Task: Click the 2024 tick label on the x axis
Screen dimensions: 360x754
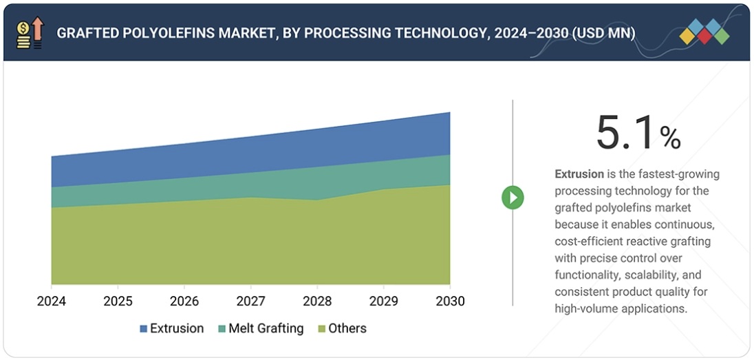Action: [x=52, y=301]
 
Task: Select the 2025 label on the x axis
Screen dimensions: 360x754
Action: [x=118, y=301]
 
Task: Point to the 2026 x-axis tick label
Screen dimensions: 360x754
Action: [x=184, y=301]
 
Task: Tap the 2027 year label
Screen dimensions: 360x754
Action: [x=250, y=301]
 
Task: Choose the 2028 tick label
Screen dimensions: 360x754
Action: [x=317, y=301]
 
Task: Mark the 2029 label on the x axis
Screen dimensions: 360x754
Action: [x=383, y=301]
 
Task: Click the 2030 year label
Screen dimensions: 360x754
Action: [x=450, y=301]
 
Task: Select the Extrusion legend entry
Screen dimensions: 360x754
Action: [x=172, y=328]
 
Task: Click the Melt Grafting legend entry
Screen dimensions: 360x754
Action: [x=262, y=328]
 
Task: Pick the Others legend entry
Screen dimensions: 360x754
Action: [x=341, y=328]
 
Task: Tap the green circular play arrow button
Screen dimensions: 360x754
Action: [x=513, y=198]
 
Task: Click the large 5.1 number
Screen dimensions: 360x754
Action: [x=625, y=132]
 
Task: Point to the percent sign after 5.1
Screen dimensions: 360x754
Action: [x=670, y=138]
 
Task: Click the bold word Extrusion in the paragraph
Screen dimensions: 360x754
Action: [x=579, y=174]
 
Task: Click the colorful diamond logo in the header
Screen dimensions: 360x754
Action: [x=704, y=32]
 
